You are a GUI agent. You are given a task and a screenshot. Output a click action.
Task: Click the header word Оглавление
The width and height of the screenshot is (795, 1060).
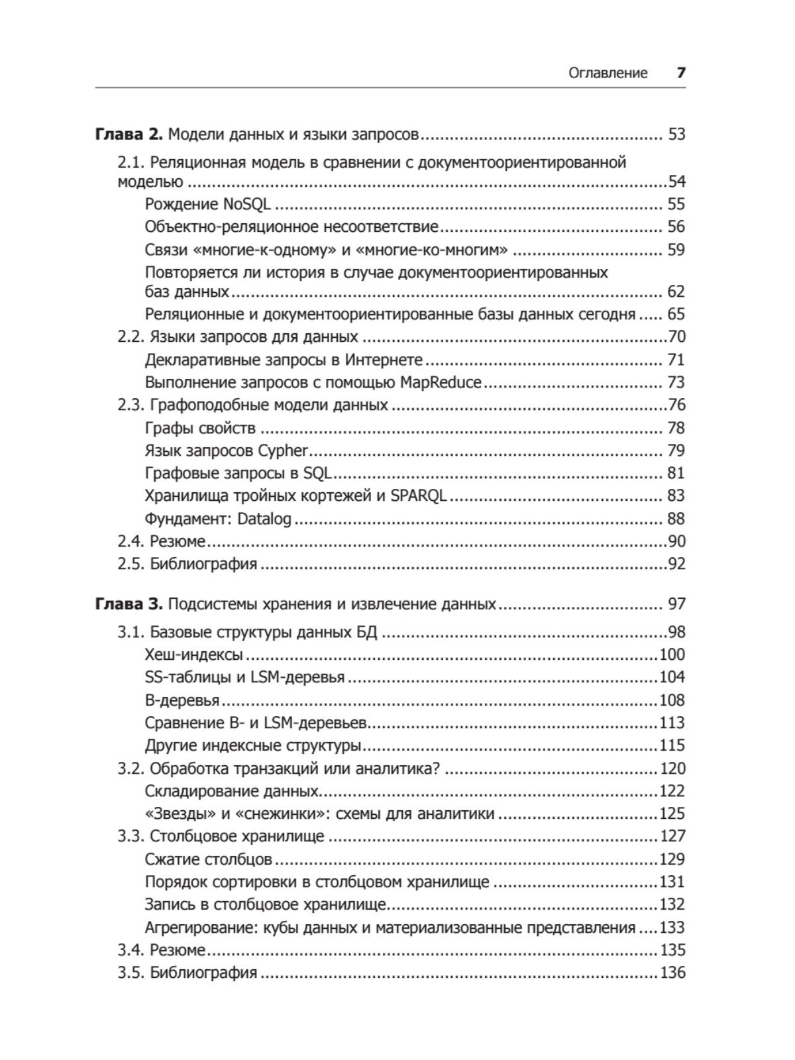608,73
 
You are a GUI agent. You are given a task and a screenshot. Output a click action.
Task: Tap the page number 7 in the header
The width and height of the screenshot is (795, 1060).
680,73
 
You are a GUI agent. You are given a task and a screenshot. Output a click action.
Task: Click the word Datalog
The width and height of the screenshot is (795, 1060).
264,519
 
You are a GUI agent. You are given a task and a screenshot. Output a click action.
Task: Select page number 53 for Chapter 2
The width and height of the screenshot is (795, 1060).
676,134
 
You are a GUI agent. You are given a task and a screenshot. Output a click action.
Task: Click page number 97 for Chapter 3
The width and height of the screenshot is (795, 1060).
676,604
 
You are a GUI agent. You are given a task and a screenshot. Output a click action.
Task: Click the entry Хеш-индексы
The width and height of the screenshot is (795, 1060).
193,655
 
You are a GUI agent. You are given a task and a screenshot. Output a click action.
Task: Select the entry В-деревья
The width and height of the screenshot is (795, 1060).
182,700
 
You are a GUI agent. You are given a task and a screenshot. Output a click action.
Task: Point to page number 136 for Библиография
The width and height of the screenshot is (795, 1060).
672,973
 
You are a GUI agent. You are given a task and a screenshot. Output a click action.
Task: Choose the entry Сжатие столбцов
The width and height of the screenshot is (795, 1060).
208,859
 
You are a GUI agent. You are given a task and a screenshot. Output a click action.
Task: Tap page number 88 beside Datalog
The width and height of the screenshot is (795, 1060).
676,519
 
